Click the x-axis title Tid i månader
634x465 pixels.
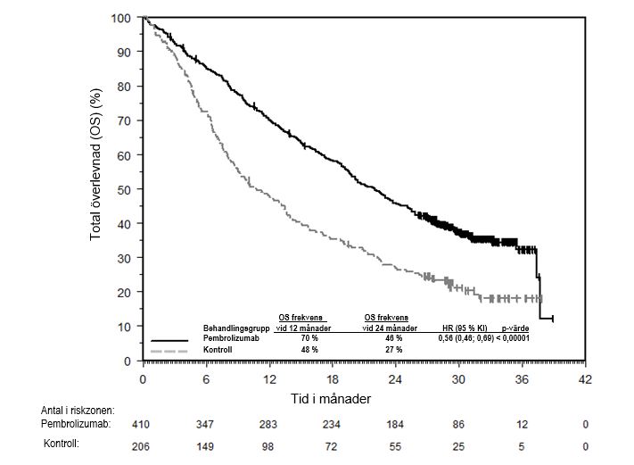point(331,397)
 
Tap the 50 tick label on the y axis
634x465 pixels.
point(125,189)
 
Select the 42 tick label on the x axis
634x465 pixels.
point(585,378)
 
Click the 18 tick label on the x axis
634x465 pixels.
point(333,378)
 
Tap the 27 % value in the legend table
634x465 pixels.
point(393,350)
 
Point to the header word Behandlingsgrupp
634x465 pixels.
point(236,328)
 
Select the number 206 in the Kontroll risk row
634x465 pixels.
point(142,445)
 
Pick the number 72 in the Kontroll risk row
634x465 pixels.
point(333,445)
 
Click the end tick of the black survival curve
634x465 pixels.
point(554,319)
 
